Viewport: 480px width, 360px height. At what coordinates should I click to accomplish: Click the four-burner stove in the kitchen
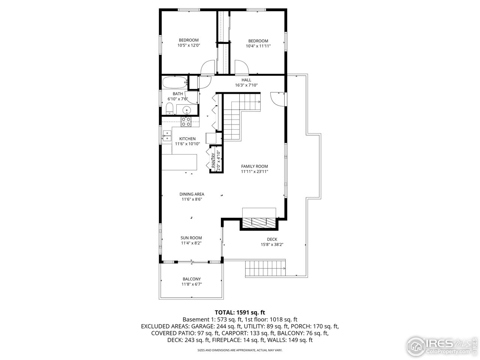tap(186, 121)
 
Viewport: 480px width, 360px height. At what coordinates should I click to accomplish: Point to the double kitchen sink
tap(167, 135)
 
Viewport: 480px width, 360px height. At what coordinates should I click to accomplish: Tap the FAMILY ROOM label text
tap(254, 166)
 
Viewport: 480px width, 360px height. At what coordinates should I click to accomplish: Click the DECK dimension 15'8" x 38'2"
tap(272, 244)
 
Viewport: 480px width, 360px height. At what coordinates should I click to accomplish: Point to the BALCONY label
tap(192, 279)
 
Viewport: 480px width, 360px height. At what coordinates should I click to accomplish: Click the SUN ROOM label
tap(191, 238)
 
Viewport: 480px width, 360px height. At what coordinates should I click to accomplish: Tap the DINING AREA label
tap(192, 194)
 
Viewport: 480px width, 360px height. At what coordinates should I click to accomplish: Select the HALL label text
tap(246, 80)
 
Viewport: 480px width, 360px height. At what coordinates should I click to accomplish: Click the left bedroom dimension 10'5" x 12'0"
tap(189, 45)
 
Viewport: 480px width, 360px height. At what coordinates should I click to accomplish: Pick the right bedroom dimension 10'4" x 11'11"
tap(258, 46)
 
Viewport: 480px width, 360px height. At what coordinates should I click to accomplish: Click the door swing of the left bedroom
tap(207, 68)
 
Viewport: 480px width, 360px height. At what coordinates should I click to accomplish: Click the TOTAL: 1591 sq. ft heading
tap(240, 312)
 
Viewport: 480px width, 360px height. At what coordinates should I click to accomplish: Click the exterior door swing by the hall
tap(276, 97)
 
